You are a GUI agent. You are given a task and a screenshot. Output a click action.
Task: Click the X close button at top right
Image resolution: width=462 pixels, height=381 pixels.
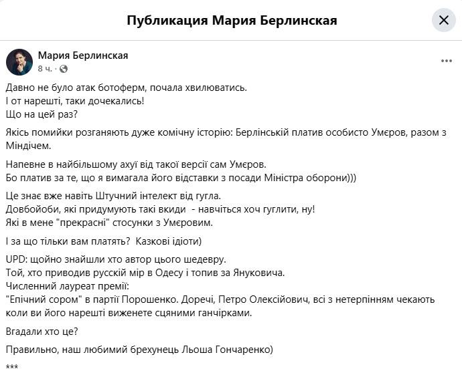(x=443, y=20)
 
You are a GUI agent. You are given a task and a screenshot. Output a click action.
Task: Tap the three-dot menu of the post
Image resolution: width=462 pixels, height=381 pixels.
(x=446, y=61)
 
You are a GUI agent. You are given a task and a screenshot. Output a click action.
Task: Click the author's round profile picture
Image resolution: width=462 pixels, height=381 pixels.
(x=19, y=61)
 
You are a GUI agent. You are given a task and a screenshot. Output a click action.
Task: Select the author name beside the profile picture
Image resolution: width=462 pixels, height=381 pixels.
(x=83, y=55)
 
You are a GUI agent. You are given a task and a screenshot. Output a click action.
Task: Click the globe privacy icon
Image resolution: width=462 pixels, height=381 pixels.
(x=64, y=69)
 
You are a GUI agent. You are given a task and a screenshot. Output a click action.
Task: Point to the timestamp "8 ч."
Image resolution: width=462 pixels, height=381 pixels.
(x=46, y=69)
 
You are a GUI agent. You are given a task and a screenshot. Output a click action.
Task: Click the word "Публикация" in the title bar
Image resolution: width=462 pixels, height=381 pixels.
(x=167, y=20)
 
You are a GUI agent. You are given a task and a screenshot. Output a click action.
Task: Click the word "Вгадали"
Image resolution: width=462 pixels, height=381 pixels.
(x=24, y=331)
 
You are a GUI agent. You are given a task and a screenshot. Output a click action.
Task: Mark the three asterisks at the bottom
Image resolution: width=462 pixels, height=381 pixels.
(x=11, y=368)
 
